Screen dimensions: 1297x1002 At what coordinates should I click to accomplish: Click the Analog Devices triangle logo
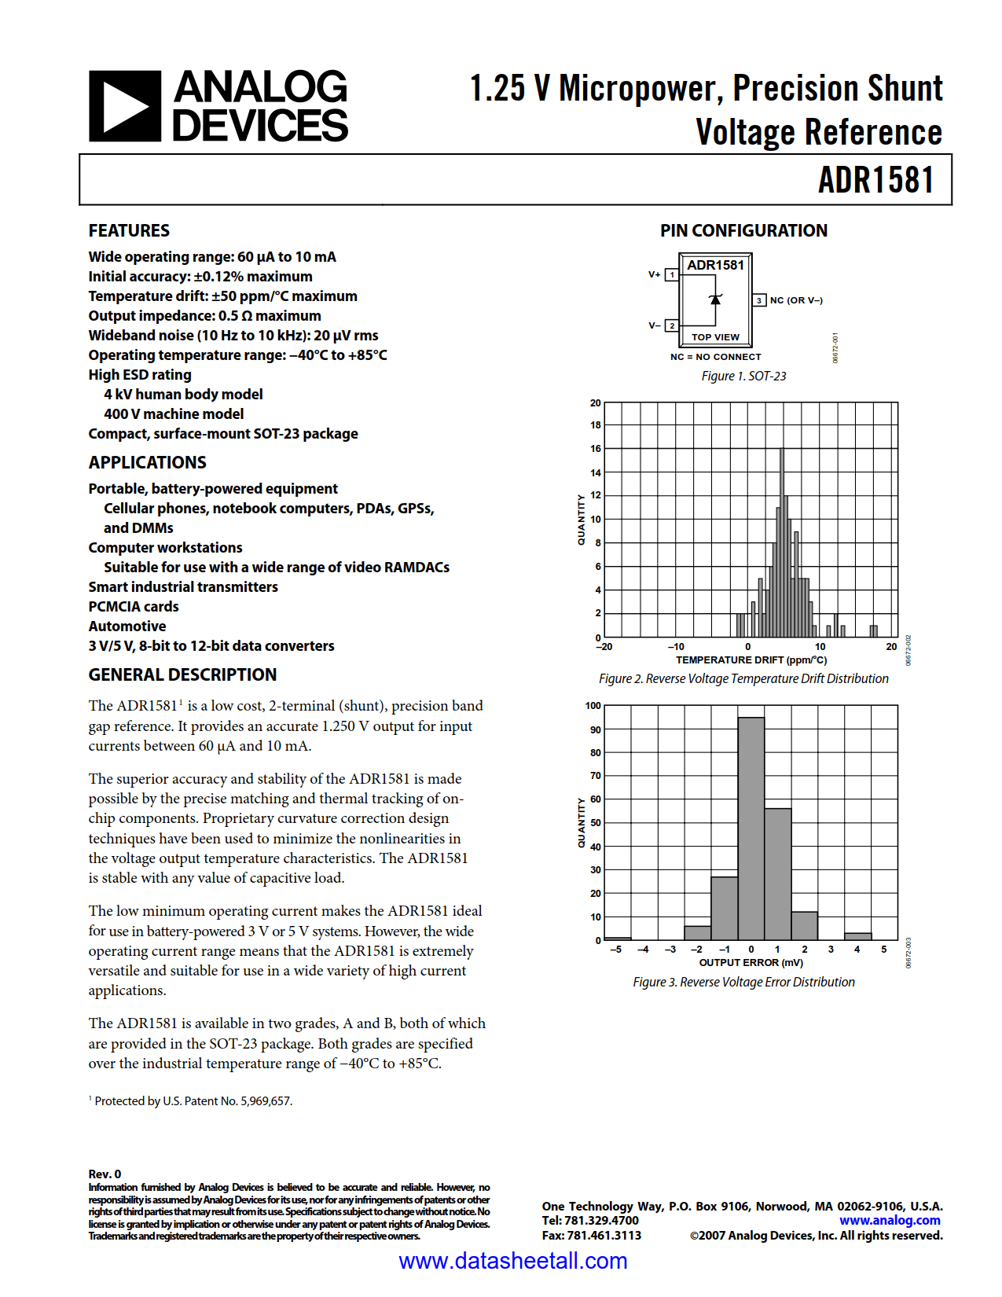[125, 106]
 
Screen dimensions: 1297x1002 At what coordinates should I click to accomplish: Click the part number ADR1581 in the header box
[875, 180]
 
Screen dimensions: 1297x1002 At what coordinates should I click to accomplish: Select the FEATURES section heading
[129, 230]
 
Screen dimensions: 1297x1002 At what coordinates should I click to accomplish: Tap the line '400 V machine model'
[174, 413]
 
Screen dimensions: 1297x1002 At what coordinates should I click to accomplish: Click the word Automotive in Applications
[127, 626]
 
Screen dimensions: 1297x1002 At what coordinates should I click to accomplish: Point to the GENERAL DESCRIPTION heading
[182, 674]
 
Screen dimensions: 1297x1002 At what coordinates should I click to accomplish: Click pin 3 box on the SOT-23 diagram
[759, 300]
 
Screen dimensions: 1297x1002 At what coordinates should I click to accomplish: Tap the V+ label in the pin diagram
[654, 274]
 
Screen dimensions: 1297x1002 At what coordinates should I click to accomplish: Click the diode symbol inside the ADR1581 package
[715, 299]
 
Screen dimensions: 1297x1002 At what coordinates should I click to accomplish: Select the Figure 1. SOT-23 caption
[743, 376]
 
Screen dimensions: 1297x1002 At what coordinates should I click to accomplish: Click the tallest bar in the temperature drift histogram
[781, 542]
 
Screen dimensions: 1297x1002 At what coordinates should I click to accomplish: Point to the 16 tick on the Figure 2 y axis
[596, 449]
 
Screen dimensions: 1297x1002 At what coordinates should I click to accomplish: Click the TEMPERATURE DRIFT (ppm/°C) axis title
[751, 660]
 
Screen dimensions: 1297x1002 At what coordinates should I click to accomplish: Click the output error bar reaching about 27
[724, 908]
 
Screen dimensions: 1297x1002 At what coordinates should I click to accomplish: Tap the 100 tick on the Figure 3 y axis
[593, 706]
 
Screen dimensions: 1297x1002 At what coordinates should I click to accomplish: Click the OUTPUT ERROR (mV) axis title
[751, 962]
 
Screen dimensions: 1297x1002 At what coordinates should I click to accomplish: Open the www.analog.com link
[890, 1220]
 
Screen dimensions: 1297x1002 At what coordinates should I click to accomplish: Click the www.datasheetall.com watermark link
[512, 1261]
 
